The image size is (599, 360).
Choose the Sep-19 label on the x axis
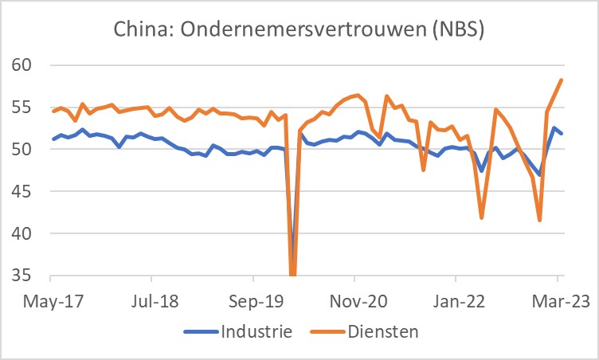coord(253,303)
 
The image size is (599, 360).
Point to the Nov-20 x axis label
coord(354,303)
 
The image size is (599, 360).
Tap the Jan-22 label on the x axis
coord(455,303)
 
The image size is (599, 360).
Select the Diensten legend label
coord(386,331)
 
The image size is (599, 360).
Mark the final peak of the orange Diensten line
coord(562,80)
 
